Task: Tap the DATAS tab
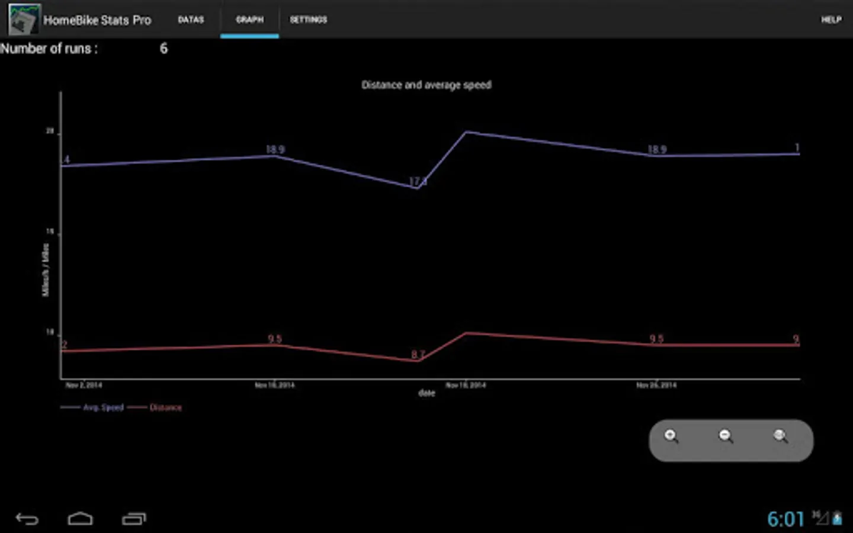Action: [x=191, y=20]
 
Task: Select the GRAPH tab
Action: [x=249, y=20]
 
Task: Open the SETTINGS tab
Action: [x=308, y=20]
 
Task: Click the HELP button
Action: [x=830, y=20]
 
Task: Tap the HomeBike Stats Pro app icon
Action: [x=24, y=20]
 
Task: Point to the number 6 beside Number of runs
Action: [x=163, y=49]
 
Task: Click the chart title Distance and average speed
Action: [x=426, y=85]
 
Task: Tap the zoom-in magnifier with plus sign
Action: [x=671, y=437]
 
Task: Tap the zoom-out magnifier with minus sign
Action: [x=726, y=437]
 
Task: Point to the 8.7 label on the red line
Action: [x=418, y=354]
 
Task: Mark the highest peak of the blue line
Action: [x=466, y=132]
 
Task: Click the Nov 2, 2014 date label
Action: [x=84, y=385]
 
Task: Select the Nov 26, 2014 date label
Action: [x=656, y=385]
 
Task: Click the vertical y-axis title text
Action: [x=46, y=270]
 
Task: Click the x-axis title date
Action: [x=426, y=393]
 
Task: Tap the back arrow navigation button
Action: [x=27, y=519]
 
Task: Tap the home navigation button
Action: [x=80, y=519]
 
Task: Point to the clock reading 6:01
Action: [x=785, y=519]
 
